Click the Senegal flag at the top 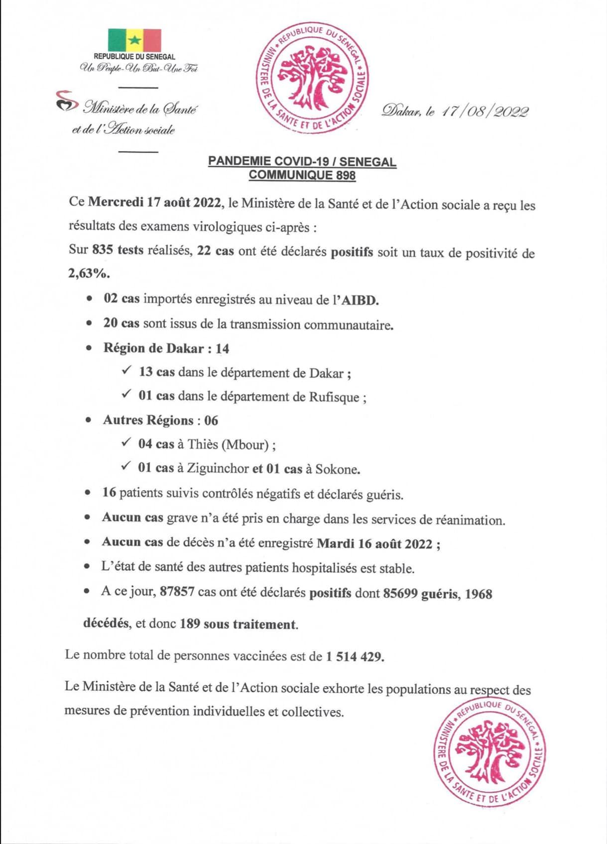tap(134, 40)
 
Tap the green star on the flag tap(134, 40)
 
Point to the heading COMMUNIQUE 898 tap(302, 175)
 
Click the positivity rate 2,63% tap(89, 274)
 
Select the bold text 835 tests tap(118, 250)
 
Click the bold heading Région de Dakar tap(153, 348)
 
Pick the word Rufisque tap(334, 397)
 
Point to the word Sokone tap(338, 469)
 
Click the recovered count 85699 tap(400, 593)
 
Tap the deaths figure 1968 tap(479, 594)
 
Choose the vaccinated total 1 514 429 tap(355, 656)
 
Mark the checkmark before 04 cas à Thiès tap(126, 442)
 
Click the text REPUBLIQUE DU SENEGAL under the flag tap(134, 57)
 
